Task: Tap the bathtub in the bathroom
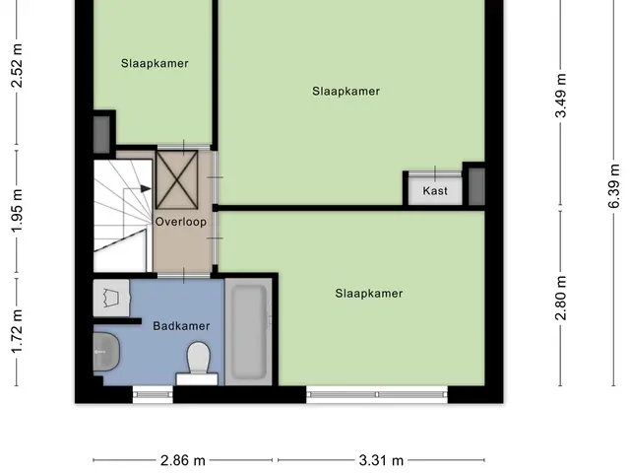coord(249,332)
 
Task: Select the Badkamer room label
coord(181,326)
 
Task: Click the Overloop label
coord(181,222)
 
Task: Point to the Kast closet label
coord(435,190)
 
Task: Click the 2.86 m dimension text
coord(183,460)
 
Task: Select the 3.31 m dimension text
coord(381,460)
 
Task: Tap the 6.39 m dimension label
coord(613,186)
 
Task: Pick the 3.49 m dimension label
coord(560,96)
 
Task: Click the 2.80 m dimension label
coord(560,298)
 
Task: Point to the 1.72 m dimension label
coord(17,332)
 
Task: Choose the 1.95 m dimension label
coord(17,211)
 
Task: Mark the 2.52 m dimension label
coord(17,66)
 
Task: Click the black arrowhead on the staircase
coord(146,188)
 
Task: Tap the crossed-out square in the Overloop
coord(177,179)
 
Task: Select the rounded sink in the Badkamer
coord(106,352)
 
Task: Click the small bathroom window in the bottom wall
coord(153,394)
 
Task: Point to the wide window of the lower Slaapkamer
coord(377,394)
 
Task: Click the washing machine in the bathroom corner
coord(111,298)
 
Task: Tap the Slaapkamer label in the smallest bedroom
coord(155,63)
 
